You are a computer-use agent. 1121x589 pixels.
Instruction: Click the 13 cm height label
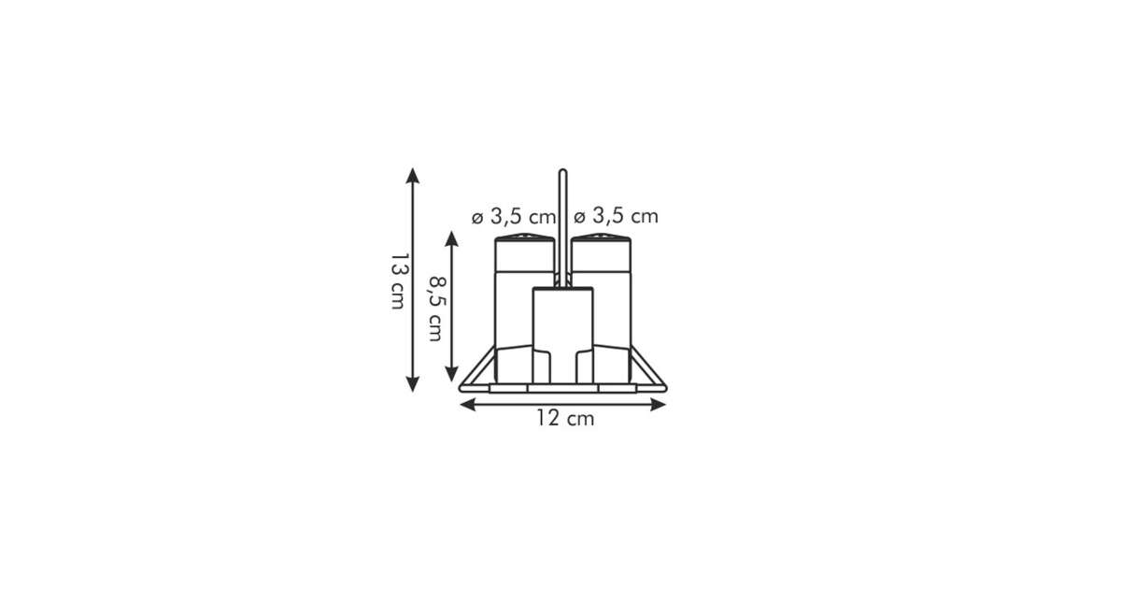(x=400, y=281)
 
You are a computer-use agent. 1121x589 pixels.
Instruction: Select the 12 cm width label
(x=565, y=418)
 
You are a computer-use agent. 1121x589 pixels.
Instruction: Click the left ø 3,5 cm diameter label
(x=514, y=217)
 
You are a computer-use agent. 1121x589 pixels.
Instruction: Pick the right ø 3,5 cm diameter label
(x=616, y=216)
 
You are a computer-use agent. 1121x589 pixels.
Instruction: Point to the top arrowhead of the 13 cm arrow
(x=412, y=176)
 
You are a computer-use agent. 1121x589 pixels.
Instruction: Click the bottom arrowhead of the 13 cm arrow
(x=412, y=384)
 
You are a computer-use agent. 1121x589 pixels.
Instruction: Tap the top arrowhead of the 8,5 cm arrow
(x=451, y=238)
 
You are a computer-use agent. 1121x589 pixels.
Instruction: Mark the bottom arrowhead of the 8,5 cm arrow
(x=451, y=374)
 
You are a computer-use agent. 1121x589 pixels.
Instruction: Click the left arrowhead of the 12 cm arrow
(x=467, y=404)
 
